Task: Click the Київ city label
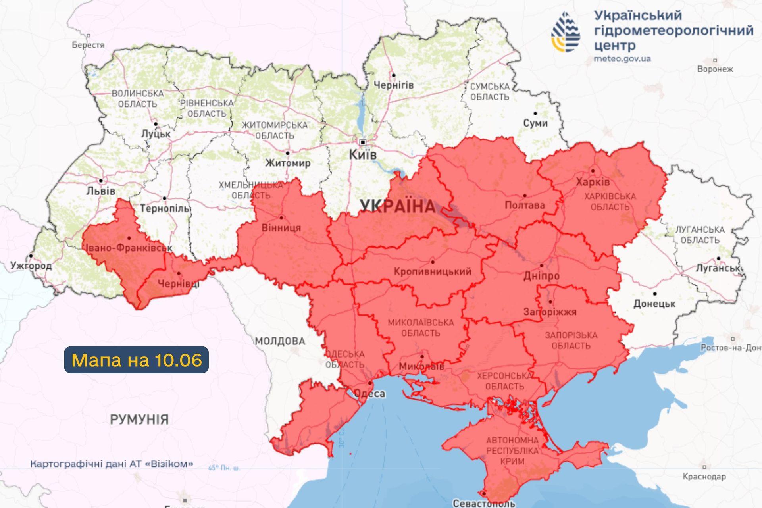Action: pos(363,154)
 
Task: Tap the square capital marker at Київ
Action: pos(362,142)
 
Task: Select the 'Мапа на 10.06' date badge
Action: pos(136,360)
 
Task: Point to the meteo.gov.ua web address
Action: pos(622,59)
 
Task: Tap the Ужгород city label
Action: pos(31,265)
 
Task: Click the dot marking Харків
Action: pos(593,171)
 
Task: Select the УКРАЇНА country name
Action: pos(397,206)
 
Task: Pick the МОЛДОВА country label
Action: pos(280,341)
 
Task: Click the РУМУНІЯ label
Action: pos(139,419)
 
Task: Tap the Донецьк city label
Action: pos(654,304)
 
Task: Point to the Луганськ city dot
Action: pos(718,258)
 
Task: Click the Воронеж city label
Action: pos(715,69)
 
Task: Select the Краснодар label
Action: pos(704,476)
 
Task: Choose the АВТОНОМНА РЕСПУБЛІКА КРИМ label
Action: pos(512,450)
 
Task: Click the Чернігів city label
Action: pos(394,85)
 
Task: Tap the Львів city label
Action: pos(101,191)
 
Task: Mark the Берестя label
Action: pos(88,45)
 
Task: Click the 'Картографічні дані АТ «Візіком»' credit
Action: pos(112,464)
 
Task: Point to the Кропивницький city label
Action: pos(433,271)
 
